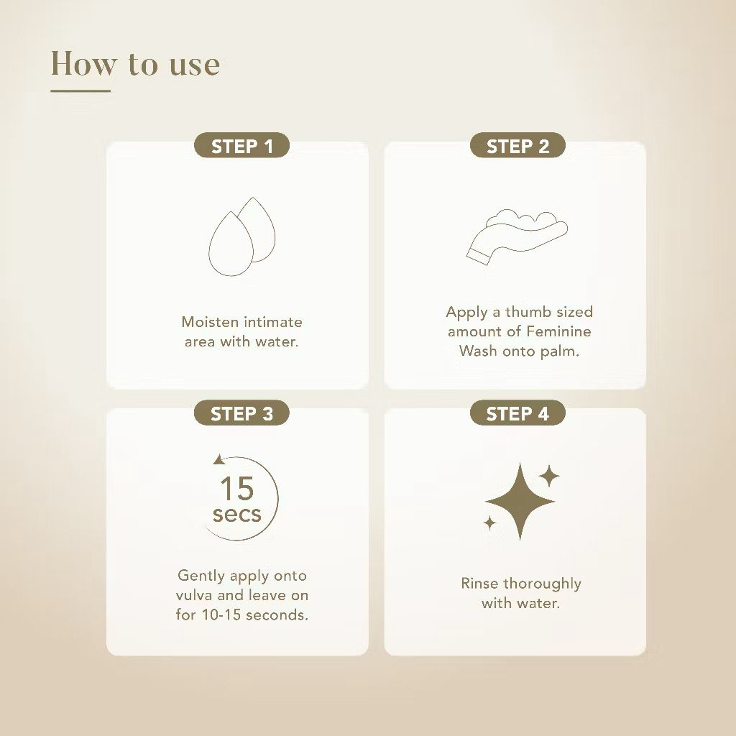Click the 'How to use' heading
[135, 63]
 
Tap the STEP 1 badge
[241, 145]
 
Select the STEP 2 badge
[517, 145]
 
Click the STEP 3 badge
[241, 413]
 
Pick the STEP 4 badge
[517, 413]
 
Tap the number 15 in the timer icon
[237, 489]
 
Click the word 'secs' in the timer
[237, 514]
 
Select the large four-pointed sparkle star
[520, 501]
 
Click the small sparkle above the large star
[548, 477]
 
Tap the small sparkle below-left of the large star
[489, 523]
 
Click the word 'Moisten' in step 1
[211, 322]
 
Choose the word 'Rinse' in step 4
[479, 584]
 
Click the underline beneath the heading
[80, 91]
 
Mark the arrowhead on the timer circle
[219, 459]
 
